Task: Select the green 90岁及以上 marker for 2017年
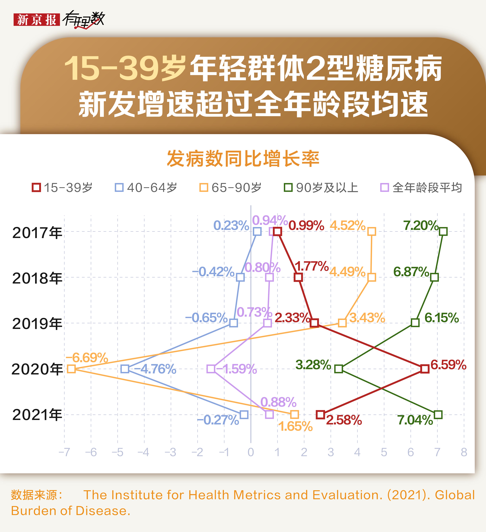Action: coord(443,231)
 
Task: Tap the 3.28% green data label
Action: coord(313,365)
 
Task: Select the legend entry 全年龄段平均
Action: coord(421,188)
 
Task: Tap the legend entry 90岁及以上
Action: coord(321,188)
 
